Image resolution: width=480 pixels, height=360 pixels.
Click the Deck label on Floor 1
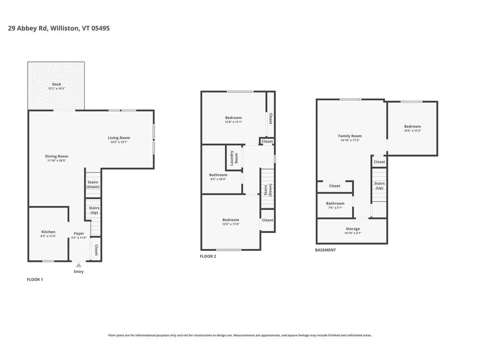(x=56, y=84)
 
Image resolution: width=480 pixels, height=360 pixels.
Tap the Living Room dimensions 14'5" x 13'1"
(x=119, y=142)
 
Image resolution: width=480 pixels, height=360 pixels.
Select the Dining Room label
(x=57, y=156)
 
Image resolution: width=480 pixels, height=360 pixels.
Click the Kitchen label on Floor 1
(x=48, y=232)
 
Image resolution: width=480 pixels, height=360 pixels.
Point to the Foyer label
(x=79, y=233)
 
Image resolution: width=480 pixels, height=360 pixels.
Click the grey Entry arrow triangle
(x=79, y=265)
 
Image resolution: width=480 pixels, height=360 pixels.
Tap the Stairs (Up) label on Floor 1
(x=94, y=210)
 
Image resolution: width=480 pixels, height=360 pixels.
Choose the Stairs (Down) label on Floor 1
(x=93, y=184)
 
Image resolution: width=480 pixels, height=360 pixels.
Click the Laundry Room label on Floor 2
(x=233, y=158)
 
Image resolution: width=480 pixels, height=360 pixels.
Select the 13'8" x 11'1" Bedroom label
(x=233, y=118)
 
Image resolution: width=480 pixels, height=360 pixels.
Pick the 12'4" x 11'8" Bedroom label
(x=231, y=220)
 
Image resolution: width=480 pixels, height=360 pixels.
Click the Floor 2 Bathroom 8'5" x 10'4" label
(x=218, y=175)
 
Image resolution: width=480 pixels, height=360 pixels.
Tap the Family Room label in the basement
(x=350, y=136)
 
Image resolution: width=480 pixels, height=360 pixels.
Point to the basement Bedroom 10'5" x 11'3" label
(x=412, y=126)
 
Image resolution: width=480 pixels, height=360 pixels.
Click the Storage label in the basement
(x=353, y=229)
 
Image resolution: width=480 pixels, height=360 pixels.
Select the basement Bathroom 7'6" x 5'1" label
(x=335, y=203)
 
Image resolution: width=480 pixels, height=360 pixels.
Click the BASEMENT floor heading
(x=325, y=250)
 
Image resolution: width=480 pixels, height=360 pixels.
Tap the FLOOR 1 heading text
(x=35, y=279)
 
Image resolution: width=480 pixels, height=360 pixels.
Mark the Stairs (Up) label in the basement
(x=379, y=186)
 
